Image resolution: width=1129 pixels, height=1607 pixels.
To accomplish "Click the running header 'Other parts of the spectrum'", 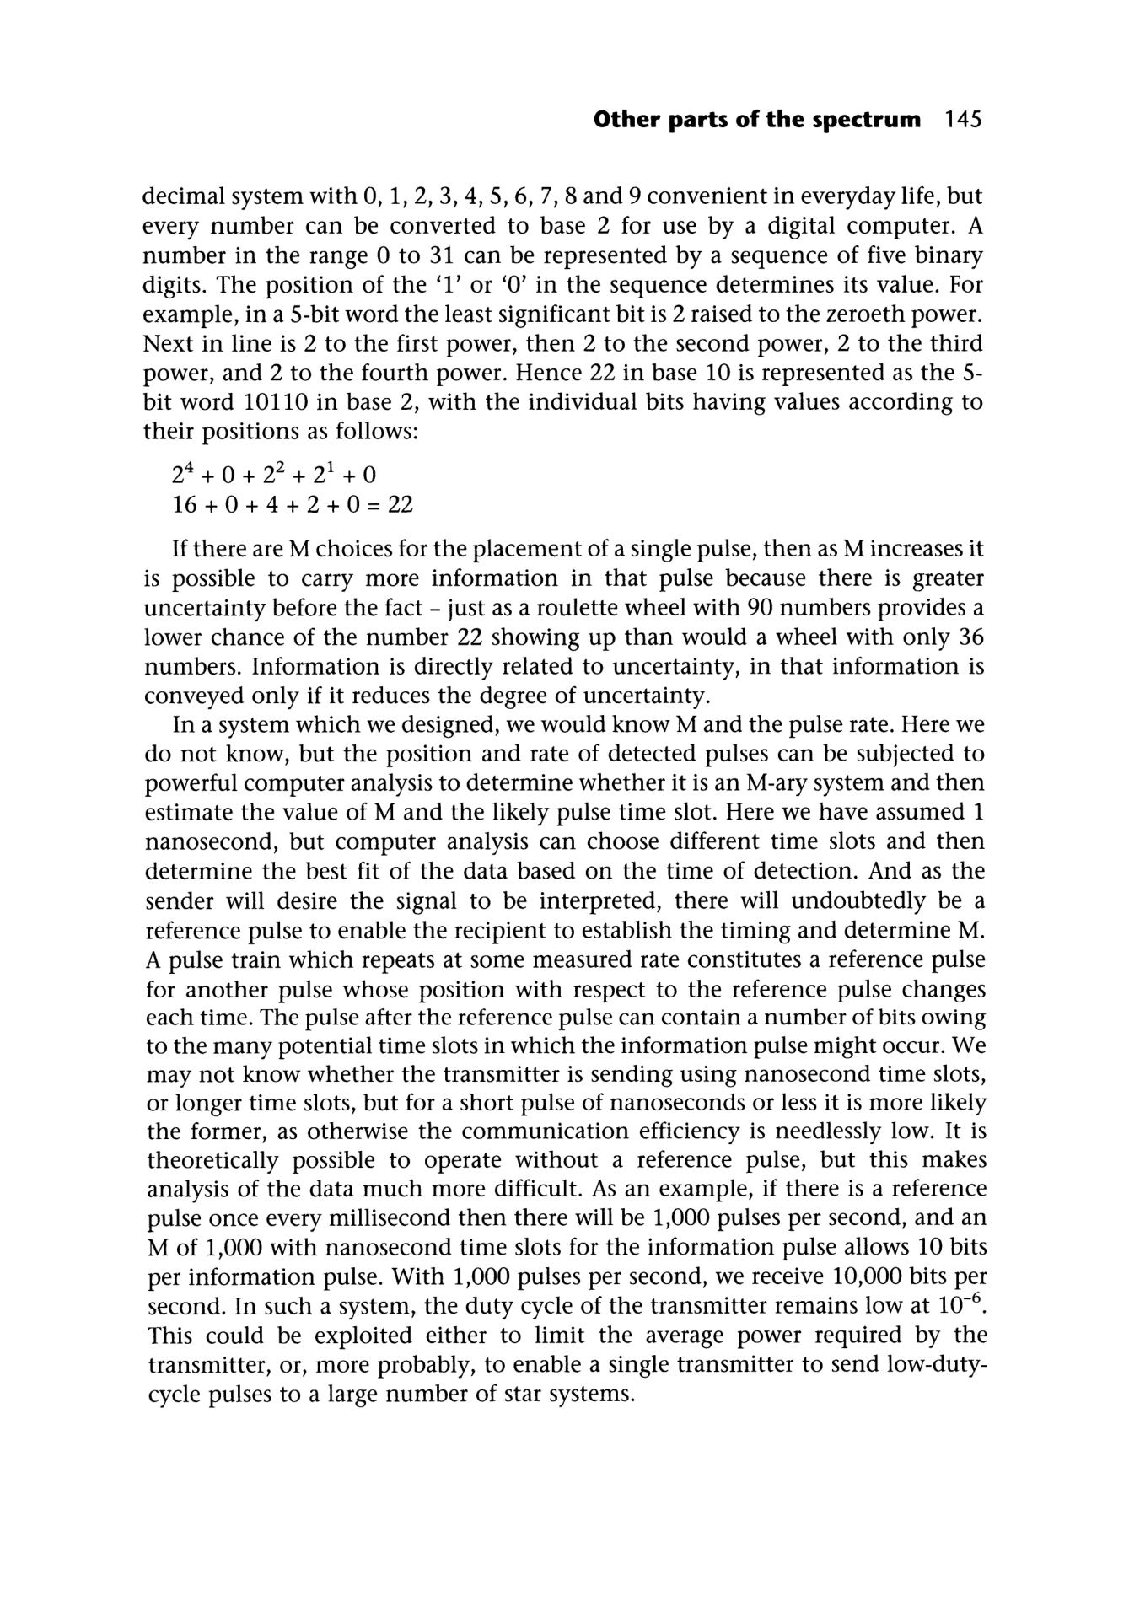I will [x=757, y=120].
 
